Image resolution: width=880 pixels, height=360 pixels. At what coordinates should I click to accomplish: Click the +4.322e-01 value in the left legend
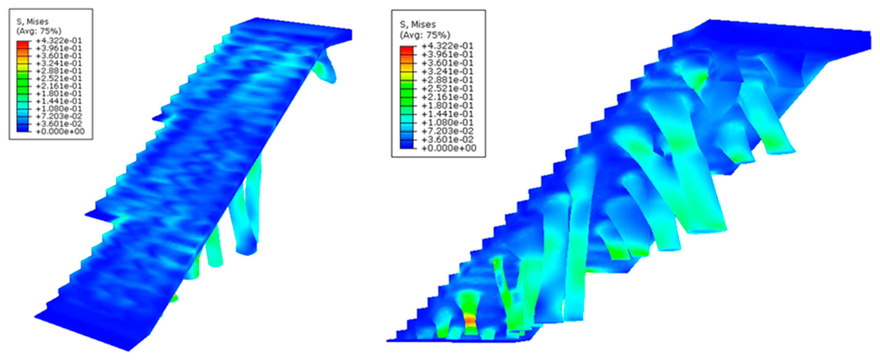coord(59,41)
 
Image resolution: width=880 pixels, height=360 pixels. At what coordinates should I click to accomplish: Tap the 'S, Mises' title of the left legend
coord(33,22)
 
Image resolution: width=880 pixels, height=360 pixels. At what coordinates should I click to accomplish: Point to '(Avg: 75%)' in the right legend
coord(425,35)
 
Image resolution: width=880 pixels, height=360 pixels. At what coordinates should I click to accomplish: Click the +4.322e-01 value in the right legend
coord(448,46)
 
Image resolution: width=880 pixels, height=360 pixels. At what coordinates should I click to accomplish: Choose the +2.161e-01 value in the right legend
coord(448,97)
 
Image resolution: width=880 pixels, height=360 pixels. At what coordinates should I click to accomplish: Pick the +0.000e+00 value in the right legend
coord(449,148)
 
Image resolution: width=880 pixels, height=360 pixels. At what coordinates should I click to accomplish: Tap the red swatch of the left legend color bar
coord(23,44)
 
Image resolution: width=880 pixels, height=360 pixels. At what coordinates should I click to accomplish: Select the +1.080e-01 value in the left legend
coord(59,109)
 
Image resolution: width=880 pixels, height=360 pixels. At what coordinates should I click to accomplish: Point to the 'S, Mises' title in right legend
coord(418,25)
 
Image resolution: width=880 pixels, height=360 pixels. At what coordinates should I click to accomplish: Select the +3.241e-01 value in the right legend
coord(448,71)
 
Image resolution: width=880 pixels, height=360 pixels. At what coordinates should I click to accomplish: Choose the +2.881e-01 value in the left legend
coord(59,71)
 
